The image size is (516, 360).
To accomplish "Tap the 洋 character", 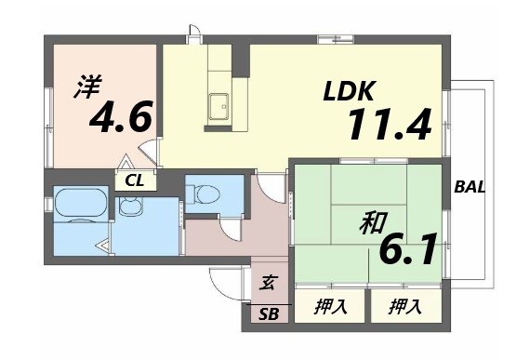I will tap(86, 89).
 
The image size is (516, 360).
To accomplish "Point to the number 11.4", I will tap(390, 123).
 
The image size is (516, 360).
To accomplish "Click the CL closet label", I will tap(135, 181).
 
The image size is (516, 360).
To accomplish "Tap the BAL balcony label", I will tap(470, 187).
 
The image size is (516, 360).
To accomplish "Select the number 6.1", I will tap(408, 249).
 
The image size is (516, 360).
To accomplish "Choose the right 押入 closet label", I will tap(403, 305).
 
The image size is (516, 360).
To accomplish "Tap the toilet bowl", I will tap(205, 194).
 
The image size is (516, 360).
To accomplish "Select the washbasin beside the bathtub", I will tap(128, 205).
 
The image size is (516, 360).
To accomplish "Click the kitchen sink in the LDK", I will tap(219, 106).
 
